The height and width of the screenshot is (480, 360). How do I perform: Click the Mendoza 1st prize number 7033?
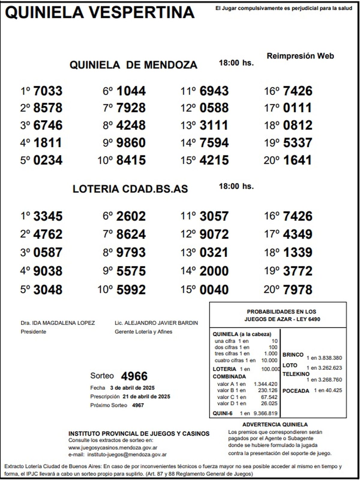[x=48, y=91]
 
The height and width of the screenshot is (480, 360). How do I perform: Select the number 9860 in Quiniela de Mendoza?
[x=131, y=143]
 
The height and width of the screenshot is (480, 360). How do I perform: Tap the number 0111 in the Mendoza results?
[x=297, y=108]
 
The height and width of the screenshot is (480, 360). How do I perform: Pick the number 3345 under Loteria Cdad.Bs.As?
[x=48, y=216]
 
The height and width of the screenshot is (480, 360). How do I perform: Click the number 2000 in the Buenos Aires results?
[x=214, y=271]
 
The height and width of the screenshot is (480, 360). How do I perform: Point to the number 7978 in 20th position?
[x=297, y=290]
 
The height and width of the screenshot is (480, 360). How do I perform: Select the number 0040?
[x=214, y=290]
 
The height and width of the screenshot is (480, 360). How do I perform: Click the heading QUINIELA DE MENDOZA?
[x=133, y=65]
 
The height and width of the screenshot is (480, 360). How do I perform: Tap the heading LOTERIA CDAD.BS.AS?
[x=130, y=189]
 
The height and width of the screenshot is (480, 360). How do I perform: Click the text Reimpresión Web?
[x=300, y=56]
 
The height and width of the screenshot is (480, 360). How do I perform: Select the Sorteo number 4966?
[x=134, y=376]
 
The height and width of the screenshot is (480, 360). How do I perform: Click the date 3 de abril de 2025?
[x=132, y=388]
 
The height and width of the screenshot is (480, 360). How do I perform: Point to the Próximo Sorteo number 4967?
[x=138, y=405]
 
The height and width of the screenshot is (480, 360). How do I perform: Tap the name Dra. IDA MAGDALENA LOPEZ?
[x=58, y=323]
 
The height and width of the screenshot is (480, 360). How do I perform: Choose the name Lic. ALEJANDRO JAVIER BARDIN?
[x=156, y=323]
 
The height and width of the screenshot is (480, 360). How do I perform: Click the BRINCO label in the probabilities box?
[x=293, y=355]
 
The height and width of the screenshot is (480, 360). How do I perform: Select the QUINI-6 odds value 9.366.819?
[x=265, y=413]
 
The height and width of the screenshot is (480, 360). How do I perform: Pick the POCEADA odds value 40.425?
[x=334, y=391]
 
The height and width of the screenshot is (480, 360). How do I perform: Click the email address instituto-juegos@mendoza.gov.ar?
[x=127, y=455]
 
